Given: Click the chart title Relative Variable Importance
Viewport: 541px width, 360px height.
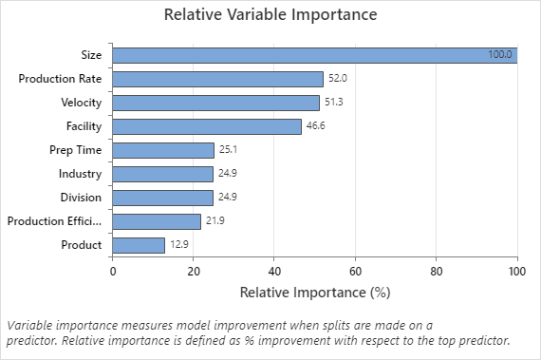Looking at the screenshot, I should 270,15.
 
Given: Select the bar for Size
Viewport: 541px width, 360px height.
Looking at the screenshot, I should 314,55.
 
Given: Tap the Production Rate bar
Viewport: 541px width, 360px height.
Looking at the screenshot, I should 217,79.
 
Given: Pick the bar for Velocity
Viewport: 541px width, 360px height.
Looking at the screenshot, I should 215,103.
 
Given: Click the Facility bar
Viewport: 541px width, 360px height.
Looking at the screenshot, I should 206,126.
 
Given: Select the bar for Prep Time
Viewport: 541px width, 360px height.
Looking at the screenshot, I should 163,150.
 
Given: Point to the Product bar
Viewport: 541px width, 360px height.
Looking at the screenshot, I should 139,245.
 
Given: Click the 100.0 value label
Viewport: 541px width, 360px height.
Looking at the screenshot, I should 500,55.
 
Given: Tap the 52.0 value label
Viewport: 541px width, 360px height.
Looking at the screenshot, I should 337,79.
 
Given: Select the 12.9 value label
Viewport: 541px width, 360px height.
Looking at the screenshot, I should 178,245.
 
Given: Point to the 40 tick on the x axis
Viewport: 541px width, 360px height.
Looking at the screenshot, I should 274,271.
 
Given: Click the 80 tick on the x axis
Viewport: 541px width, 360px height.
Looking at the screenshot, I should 437,271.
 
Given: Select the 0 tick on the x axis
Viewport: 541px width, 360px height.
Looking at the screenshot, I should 113,271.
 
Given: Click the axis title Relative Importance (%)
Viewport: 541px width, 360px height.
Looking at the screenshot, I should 314,291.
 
